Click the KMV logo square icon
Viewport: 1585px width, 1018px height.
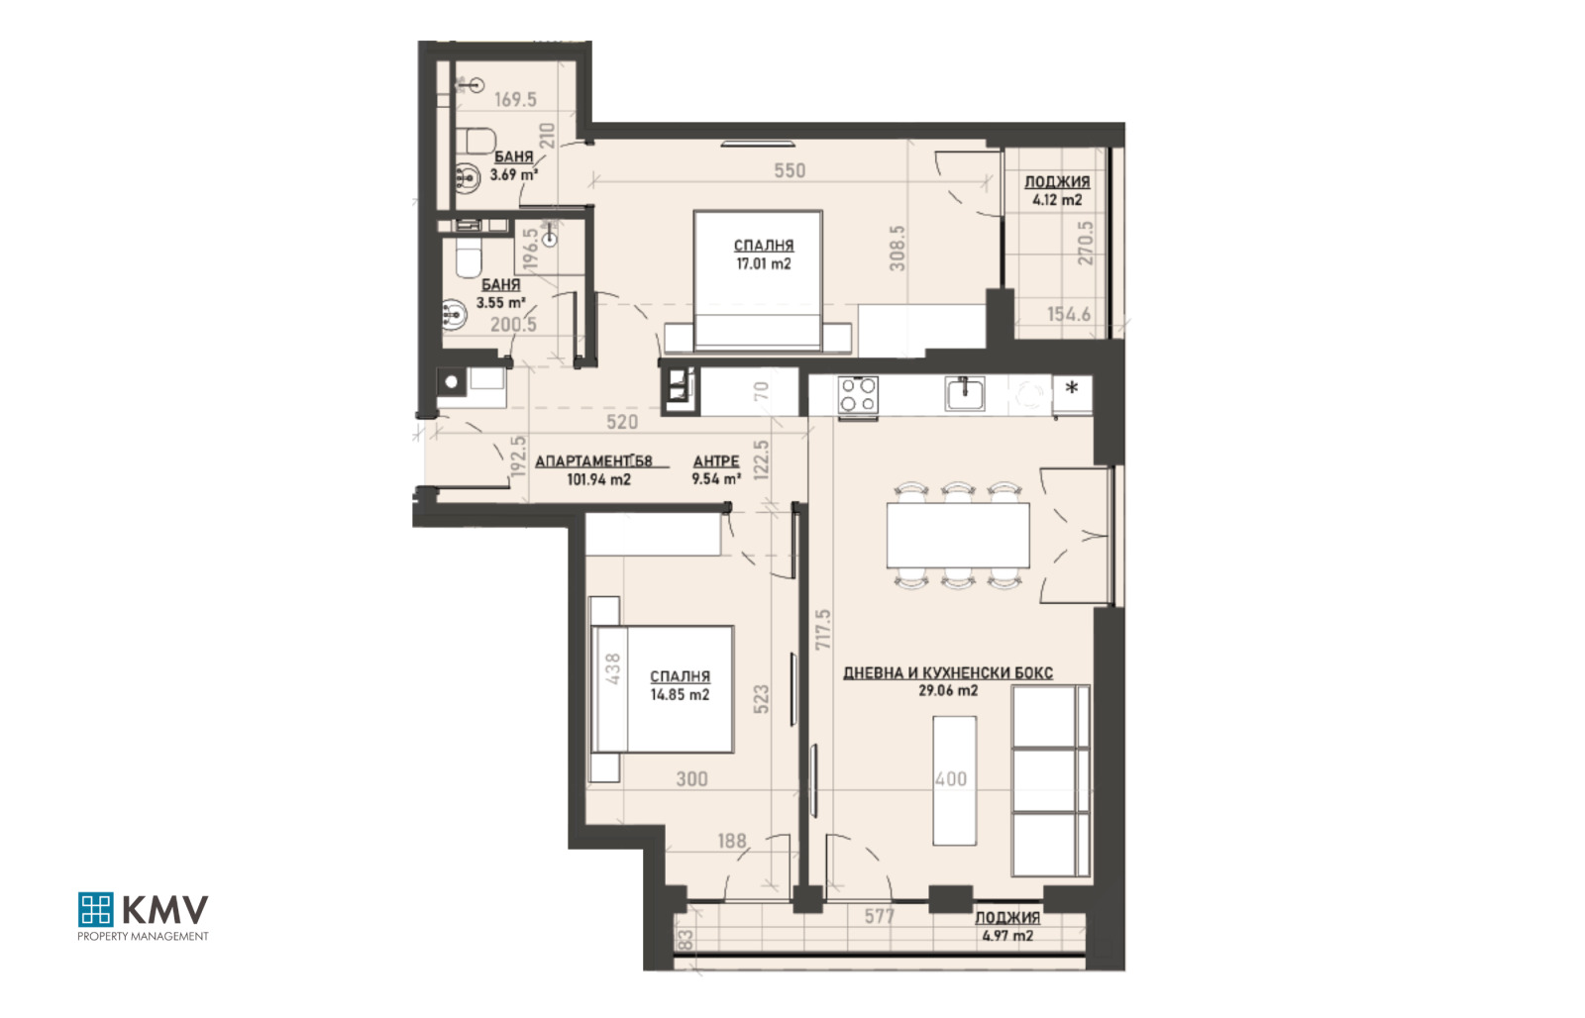[x=95, y=909]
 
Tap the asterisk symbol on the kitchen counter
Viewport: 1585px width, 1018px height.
[x=1071, y=388]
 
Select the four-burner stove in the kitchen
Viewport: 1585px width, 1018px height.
[x=858, y=394]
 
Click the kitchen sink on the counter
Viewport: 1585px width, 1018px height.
[x=964, y=393]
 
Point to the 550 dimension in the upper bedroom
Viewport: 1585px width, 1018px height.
[x=790, y=170]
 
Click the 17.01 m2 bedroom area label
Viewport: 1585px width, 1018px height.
[x=763, y=263]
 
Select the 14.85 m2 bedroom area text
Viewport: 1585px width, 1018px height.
[x=680, y=694]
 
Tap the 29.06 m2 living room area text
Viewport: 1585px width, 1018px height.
[x=947, y=690]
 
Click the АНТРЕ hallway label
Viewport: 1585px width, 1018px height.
[x=716, y=461]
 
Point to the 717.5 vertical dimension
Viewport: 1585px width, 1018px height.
[x=822, y=630]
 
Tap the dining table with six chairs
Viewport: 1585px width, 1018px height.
[x=957, y=536]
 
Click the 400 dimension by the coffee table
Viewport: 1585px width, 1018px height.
[x=951, y=779]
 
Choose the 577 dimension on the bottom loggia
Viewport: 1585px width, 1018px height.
[x=879, y=916]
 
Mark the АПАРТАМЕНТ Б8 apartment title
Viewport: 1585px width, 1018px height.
[x=593, y=461]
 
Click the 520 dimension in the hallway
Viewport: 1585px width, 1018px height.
[x=621, y=422]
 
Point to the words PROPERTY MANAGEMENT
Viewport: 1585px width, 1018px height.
[x=143, y=936]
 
